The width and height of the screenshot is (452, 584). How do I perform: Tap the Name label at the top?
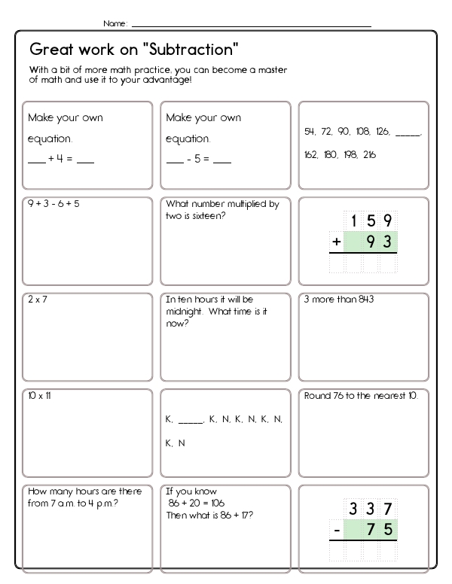coord(115,24)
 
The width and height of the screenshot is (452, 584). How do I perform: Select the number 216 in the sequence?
coord(369,154)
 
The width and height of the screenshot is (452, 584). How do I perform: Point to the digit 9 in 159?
coord(386,221)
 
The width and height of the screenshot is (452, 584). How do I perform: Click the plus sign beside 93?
coord(337,242)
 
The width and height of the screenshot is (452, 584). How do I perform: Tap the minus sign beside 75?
coord(337,530)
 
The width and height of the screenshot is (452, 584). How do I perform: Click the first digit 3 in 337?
coord(352,509)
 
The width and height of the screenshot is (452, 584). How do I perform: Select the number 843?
coord(365,299)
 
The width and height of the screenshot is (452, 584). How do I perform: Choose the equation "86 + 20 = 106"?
coord(197,502)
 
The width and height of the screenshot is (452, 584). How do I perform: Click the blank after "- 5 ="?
coord(222,160)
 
